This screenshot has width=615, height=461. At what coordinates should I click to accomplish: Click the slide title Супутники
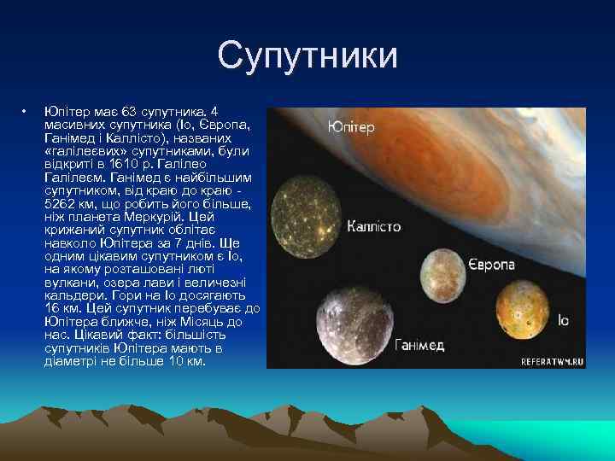tap(307, 56)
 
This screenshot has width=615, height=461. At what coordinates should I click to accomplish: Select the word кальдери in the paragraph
tap(72, 293)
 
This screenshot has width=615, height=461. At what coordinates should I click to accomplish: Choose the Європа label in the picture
tap(491, 266)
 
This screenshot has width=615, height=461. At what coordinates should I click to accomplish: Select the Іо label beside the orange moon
tap(563, 320)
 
